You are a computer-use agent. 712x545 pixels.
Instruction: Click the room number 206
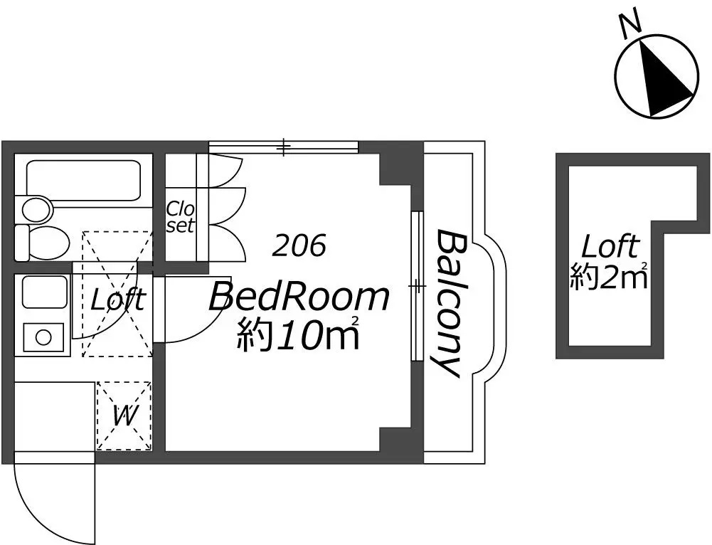pyautogui.click(x=299, y=245)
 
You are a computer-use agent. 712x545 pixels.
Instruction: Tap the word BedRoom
pyautogui.click(x=299, y=297)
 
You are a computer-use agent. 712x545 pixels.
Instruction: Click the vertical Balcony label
pyautogui.click(x=447, y=303)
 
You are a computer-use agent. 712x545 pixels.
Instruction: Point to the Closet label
pyautogui.click(x=181, y=217)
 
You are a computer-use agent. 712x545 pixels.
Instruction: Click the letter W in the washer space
pyautogui.click(x=124, y=416)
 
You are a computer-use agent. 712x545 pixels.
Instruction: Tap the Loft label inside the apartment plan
pyautogui.click(x=118, y=300)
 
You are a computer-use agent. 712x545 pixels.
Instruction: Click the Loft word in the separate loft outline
pyautogui.click(x=610, y=247)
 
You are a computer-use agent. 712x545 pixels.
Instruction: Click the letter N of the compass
pyautogui.click(x=630, y=23)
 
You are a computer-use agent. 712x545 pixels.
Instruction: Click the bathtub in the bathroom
pyautogui.click(x=83, y=181)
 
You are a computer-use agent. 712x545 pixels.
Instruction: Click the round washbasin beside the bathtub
pyautogui.click(x=37, y=211)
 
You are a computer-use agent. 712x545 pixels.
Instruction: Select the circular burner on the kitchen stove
pyautogui.click(x=43, y=337)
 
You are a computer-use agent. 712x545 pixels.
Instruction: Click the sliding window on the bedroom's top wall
pyautogui.click(x=283, y=147)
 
